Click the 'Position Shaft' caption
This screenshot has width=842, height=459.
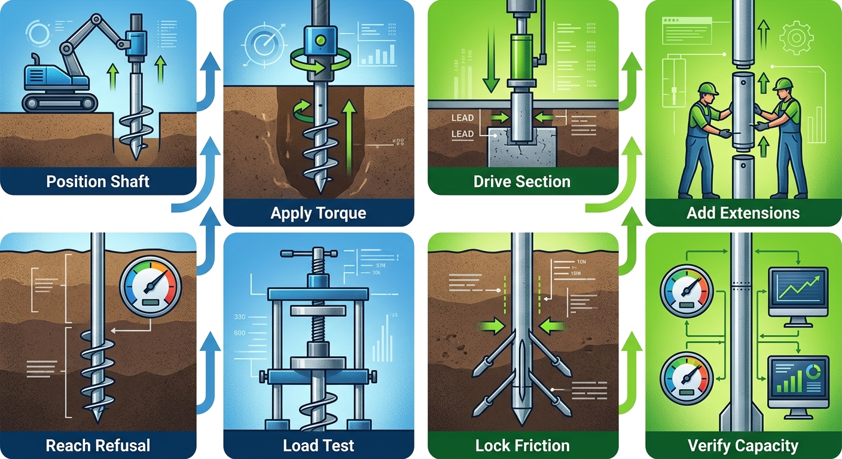(x=98, y=181)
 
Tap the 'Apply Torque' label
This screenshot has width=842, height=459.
(x=318, y=212)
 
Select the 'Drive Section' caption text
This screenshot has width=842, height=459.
(x=521, y=181)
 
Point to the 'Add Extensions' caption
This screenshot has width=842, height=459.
(x=743, y=212)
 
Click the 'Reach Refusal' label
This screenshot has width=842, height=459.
(x=98, y=445)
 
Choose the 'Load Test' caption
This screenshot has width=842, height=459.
(x=318, y=445)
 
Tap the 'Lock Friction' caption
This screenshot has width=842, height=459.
(x=522, y=445)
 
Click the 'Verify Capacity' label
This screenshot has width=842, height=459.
(x=743, y=445)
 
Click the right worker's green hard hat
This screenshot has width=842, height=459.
(x=783, y=84)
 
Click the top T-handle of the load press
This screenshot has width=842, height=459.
(x=306, y=255)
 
